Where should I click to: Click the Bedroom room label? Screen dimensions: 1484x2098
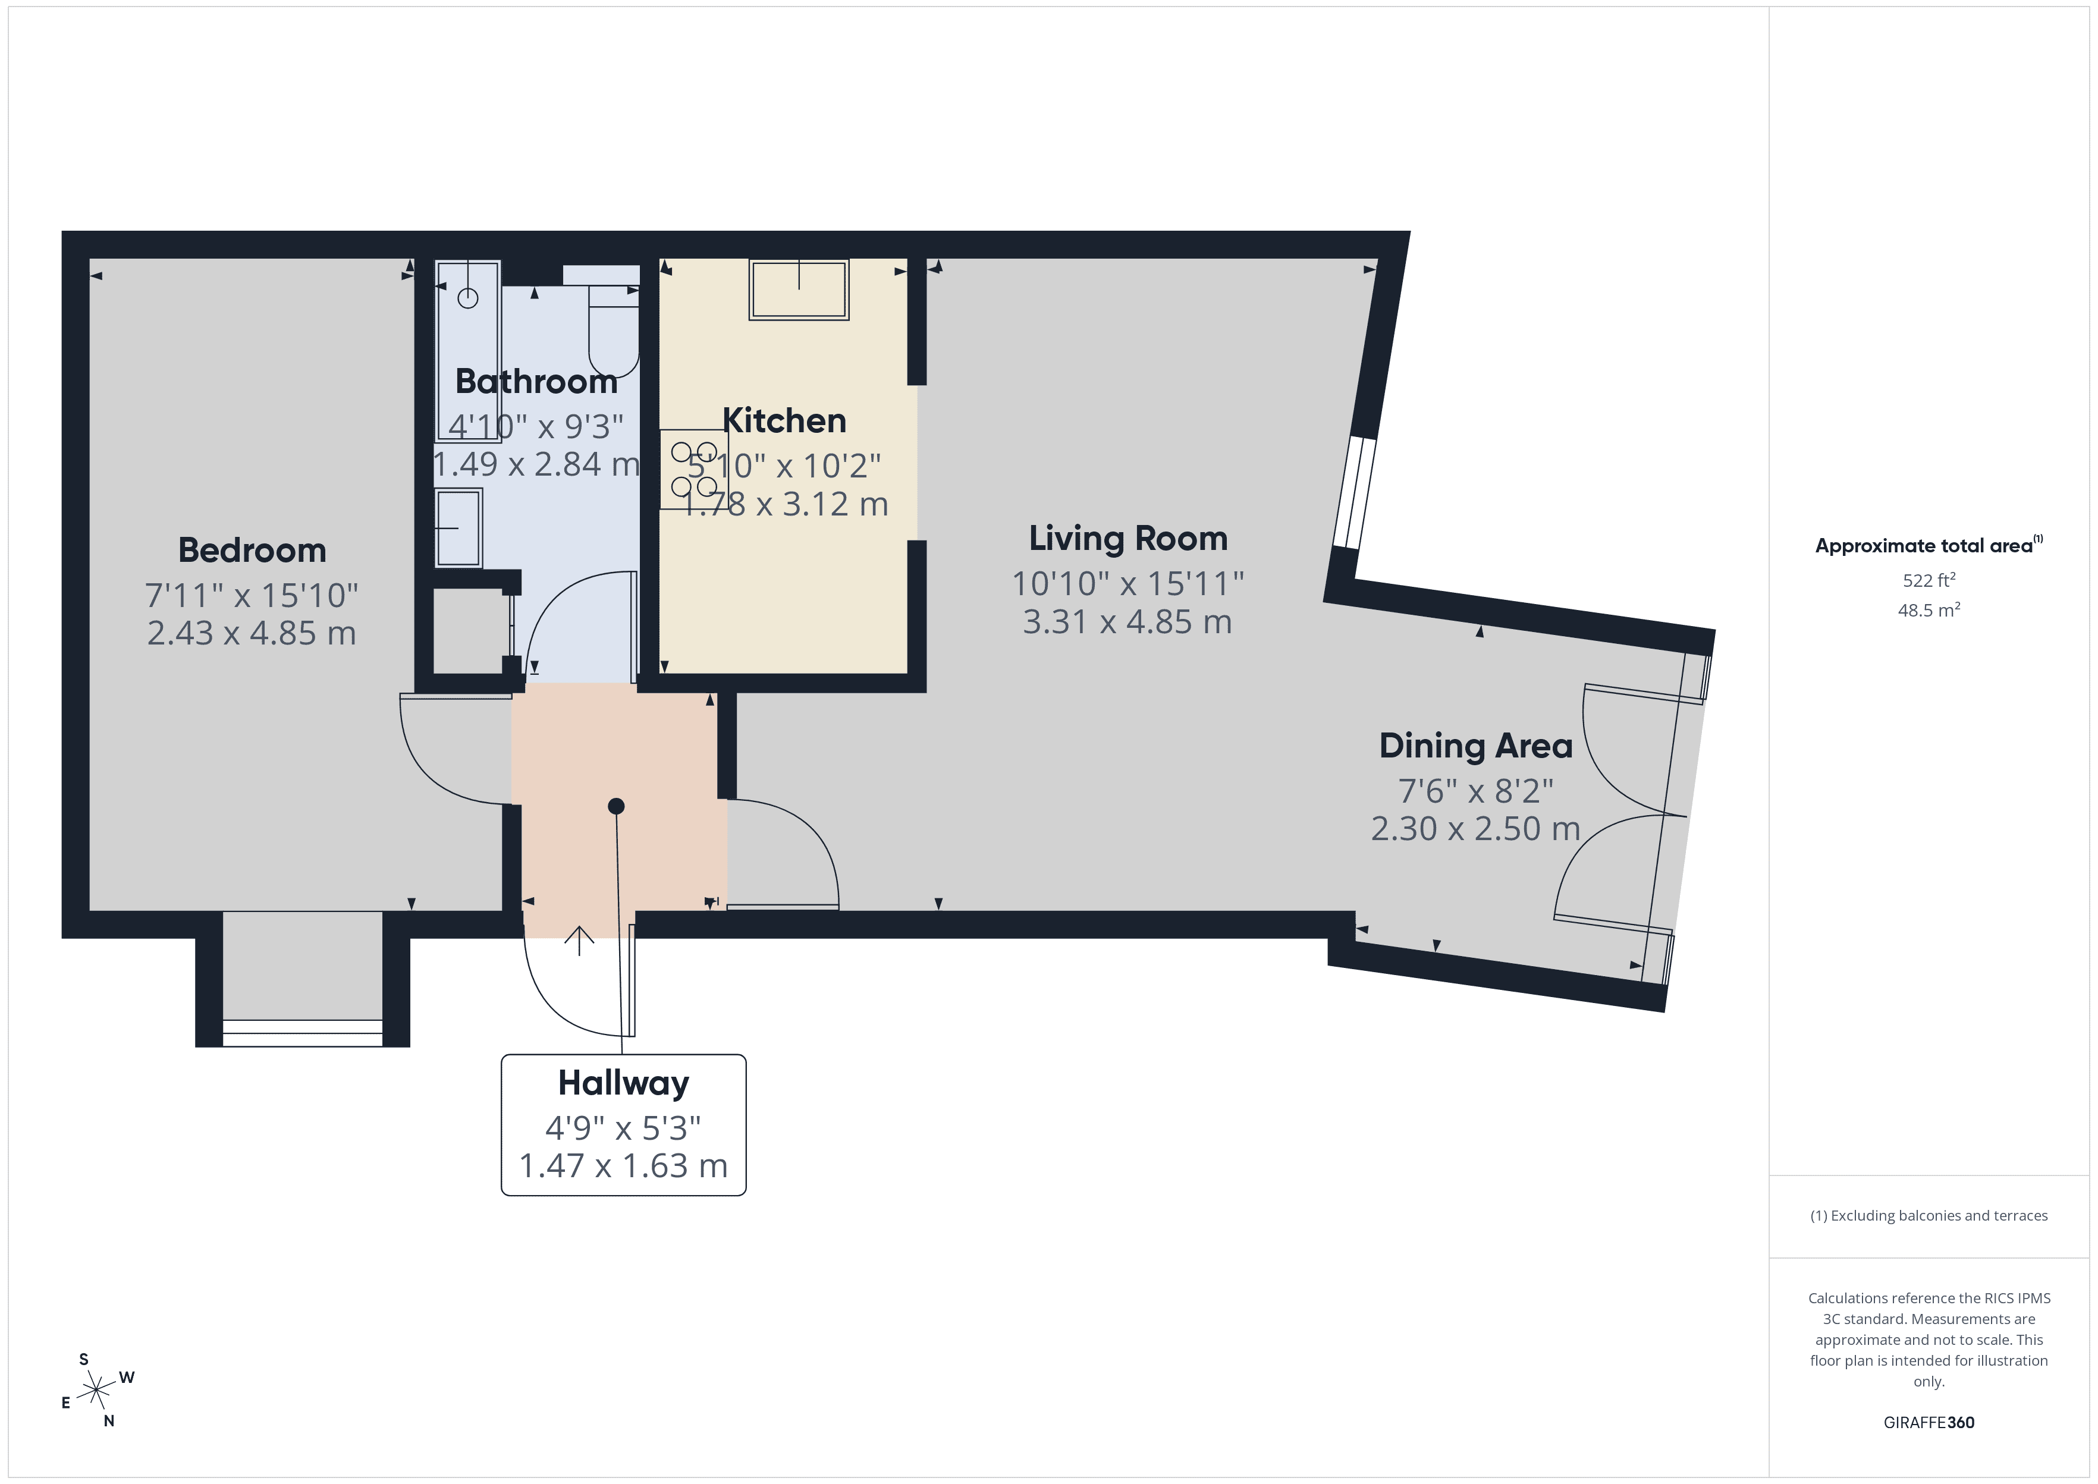[x=252, y=550]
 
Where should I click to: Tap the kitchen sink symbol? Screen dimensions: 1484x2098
[x=799, y=290]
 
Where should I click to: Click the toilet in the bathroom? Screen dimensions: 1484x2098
[x=613, y=329]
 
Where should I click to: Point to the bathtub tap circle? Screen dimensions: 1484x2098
[x=468, y=298]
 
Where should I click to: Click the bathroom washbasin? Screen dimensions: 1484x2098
[x=458, y=528]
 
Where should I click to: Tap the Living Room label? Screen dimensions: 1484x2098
[x=1127, y=538]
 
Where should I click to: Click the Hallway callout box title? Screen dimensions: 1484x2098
[x=623, y=1083]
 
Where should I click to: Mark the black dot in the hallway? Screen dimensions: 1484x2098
[x=616, y=806]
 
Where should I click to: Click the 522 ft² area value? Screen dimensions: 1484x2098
[x=1928, y=580]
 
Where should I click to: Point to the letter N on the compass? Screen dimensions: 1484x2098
[x=109, y=1421]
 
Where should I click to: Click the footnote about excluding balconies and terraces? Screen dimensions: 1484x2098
[x=1928, y=1215]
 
